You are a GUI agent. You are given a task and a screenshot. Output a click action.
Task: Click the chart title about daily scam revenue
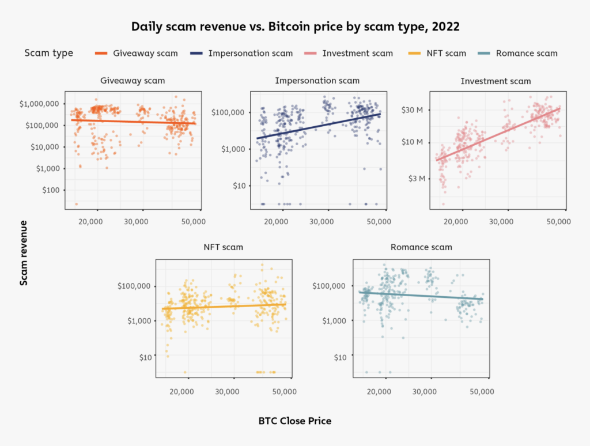click(294, 27)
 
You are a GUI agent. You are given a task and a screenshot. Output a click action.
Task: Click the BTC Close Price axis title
click(295, 421)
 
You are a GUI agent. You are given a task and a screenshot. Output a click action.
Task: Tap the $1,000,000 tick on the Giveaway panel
click(39, 104)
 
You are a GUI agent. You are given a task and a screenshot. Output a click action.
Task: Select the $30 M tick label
click(413, 109)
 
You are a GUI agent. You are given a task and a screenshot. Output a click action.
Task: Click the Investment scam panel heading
click(496, 81)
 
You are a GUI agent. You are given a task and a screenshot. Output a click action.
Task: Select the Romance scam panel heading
click(421, 247)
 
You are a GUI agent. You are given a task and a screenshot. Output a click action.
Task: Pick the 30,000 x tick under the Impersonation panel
click(327, 221)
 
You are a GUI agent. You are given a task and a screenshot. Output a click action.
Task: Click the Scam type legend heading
click(49, 53)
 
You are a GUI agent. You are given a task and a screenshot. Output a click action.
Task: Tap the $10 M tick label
click(413, 142)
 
